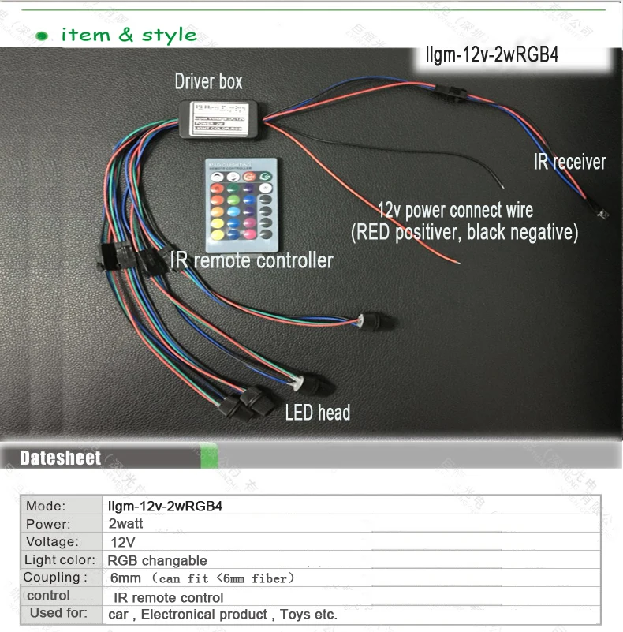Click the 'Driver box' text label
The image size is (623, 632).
coord(208,81)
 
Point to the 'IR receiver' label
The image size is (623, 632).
coord(569,163)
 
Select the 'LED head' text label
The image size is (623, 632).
coord(318,412)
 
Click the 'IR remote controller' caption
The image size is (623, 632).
coord(252,260)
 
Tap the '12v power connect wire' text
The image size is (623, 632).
coord(455,211)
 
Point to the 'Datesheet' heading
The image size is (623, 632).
coord(61,458)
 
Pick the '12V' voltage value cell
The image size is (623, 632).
coord(122,542)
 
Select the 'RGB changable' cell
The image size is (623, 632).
coord(157,560)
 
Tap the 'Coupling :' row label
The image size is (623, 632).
coord(55,578)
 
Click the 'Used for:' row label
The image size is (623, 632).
coord(58,614)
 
